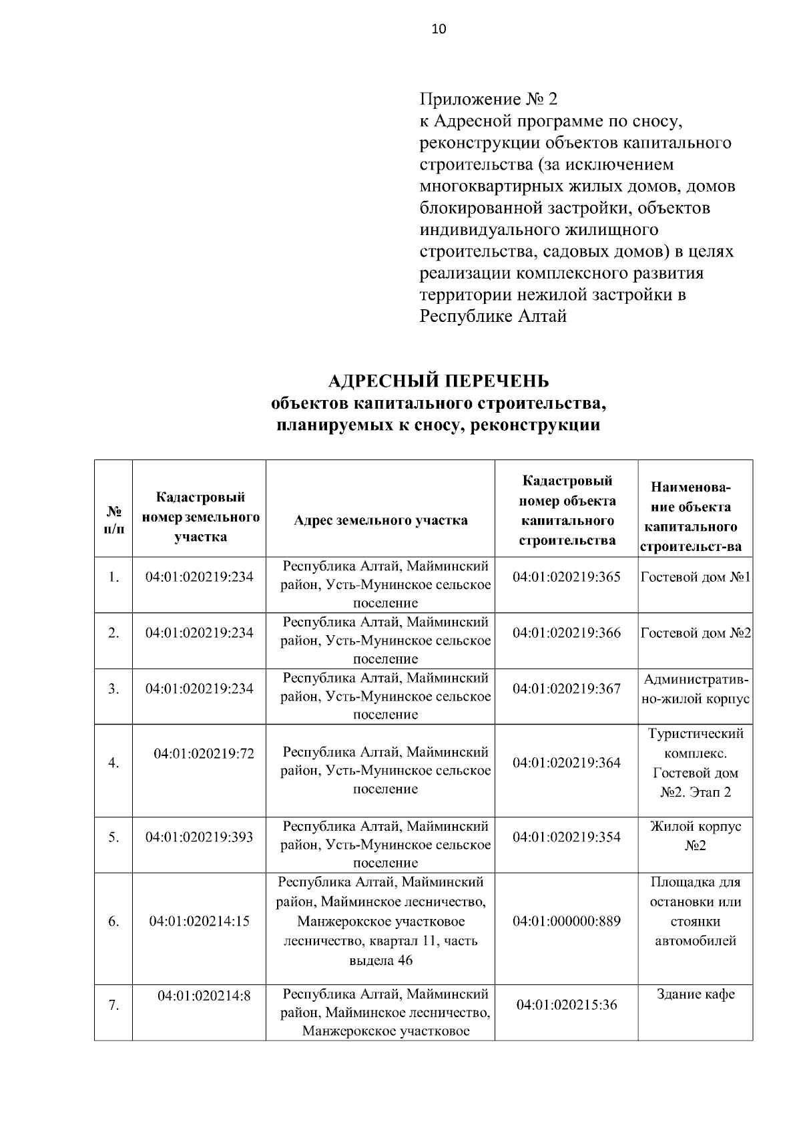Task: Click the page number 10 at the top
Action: pos(439,29)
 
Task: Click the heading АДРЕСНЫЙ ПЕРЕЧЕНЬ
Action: pos(439,381)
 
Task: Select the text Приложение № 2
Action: pos(488,100)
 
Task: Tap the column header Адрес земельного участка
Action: pos(380,520)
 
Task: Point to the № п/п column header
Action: pos(113,520)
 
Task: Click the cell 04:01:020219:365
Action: pos(566,576)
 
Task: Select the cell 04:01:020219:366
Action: pos(566,632)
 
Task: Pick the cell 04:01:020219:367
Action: pos(566,689)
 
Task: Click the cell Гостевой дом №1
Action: pos(696,576)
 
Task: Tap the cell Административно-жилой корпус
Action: pos(696,689)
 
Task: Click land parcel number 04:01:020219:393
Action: pos(199,837)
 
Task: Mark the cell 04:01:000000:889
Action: pos(566,921)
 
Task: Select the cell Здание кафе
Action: pos(696,994)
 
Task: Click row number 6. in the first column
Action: pos(113,921)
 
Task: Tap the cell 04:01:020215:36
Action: pos(566,1004)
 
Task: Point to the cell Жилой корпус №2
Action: pos(696,836)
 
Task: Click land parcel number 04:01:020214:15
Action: pos(199,921)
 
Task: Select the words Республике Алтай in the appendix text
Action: pos(493,317)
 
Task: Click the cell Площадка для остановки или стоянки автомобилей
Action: pos(696,912)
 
